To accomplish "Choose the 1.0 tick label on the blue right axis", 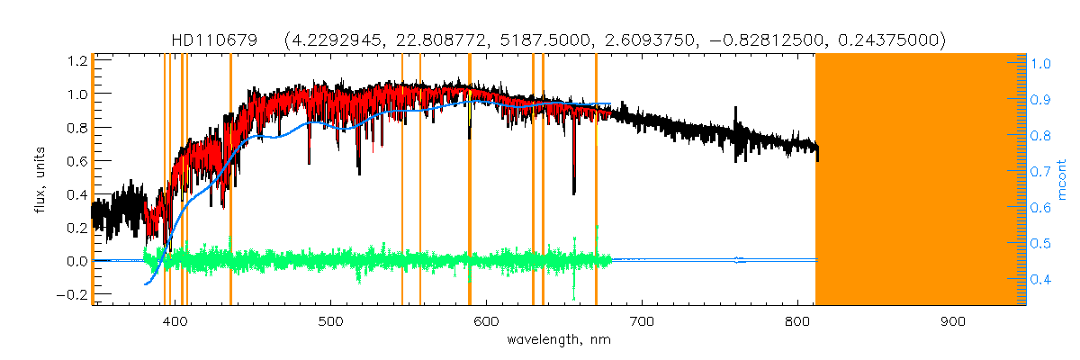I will pyautogui.click(x=1042, y=64).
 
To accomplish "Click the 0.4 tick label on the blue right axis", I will pyautogui.click(x=1042, y=279).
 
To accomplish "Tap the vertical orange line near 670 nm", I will pyautogui.click(x=596, y=179).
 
